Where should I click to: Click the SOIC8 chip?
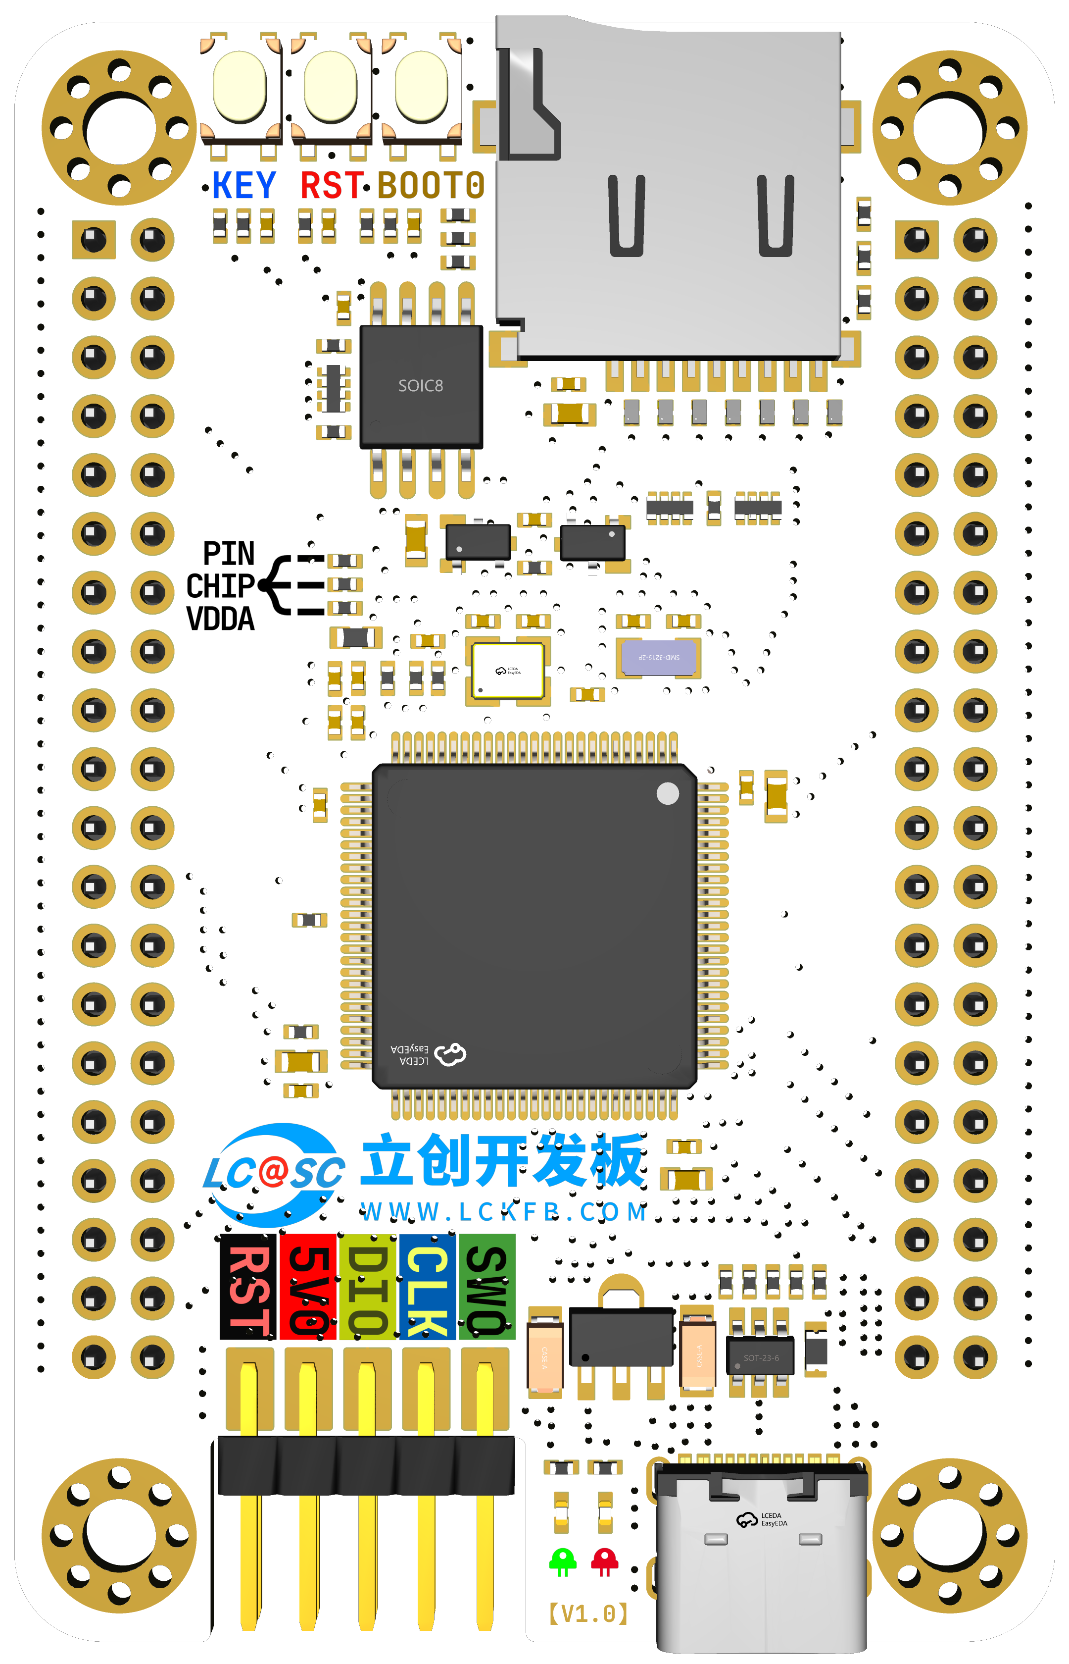pyautogui.click(x=421, y=386)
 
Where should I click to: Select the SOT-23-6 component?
pyautogui.click(x=760, y=1357)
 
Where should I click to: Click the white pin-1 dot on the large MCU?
pyautogui.click(x=667, y=793)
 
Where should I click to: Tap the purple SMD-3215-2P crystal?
pyautogui.click(x=659, y=657)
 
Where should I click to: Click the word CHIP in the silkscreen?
pyautogui.click(x=220, y=586)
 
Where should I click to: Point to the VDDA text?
pyautogui.click(x=220, y=619)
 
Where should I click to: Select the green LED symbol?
pyautogui.click(x=562, y=1561)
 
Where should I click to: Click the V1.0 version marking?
pyautogui.click(x=588, y=1613)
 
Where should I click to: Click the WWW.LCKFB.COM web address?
pyautogui.click(x=504, y=1212)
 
